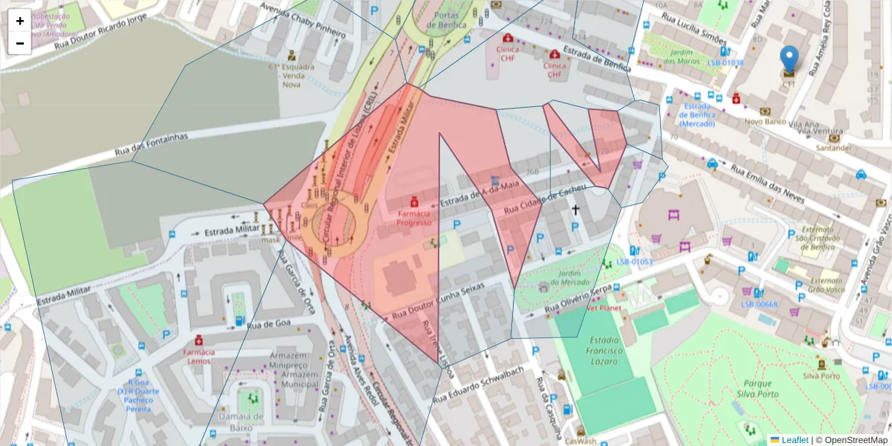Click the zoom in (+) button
click(x=20, y=21)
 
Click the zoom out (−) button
click(x=20, y=43)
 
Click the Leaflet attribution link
click(x=794, y=440)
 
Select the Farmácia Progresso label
click(x=414, y=218)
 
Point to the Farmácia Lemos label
click(x=198, y=356)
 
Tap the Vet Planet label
click(x=604, y=307)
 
